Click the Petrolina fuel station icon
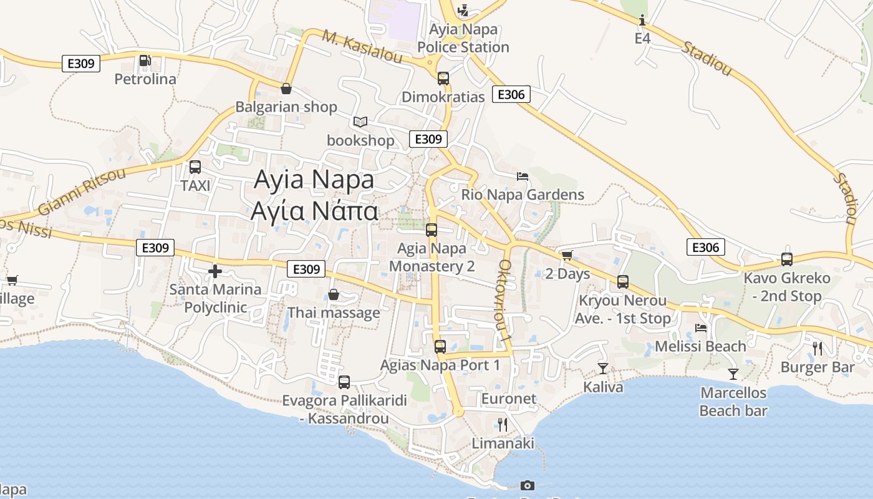[x=145, y=61]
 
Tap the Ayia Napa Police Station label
[x=463, y=38]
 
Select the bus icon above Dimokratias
[x=443, y=79]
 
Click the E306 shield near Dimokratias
[x=511, y=94]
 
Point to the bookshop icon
[x=360, y=122]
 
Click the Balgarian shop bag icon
[x=286, y=89]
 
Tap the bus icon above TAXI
[x=195, y=167]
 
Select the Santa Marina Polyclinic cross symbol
[x=215, y=271]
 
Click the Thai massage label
[x=334, y=312]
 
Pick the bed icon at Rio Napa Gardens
[x=523, y=177]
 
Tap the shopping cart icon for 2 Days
[x=567, y=256]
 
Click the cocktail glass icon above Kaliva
[x=603, y=369]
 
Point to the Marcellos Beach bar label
[x=733, y=402]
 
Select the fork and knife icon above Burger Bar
[x=818, y=349]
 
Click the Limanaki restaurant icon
[x=503, y=425]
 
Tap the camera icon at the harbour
[x=528, y=485]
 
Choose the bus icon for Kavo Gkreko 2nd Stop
[x=787, y=259]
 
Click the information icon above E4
[x=642, y=21]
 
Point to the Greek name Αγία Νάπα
[x=314, y=211]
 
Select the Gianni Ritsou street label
[x=81, y=191]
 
